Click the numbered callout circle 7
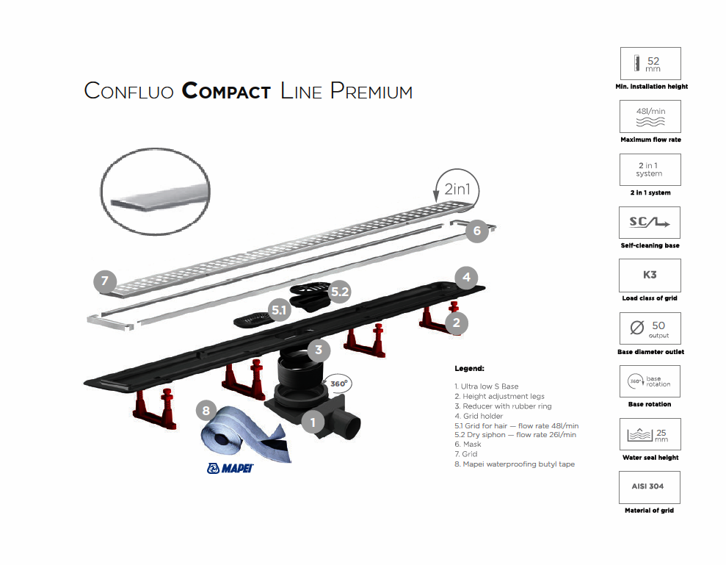coord(105,280)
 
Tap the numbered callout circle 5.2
coord(340,292)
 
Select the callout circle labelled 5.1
coord(280,310)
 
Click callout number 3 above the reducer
coord(318,350)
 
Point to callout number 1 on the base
coord(313,422)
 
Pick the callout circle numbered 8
coord(206,411)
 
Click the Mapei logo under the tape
coord(230,468)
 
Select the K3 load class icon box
coord(650,276)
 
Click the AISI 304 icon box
coord(650,487)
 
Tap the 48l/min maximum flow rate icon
coord(650,116)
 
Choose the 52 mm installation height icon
coord(650,64)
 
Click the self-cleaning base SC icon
coord(650,223)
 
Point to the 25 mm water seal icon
coord(650,434)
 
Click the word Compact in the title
coord(226,92)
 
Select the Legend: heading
coord(470,368)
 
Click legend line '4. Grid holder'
coord(478,416)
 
